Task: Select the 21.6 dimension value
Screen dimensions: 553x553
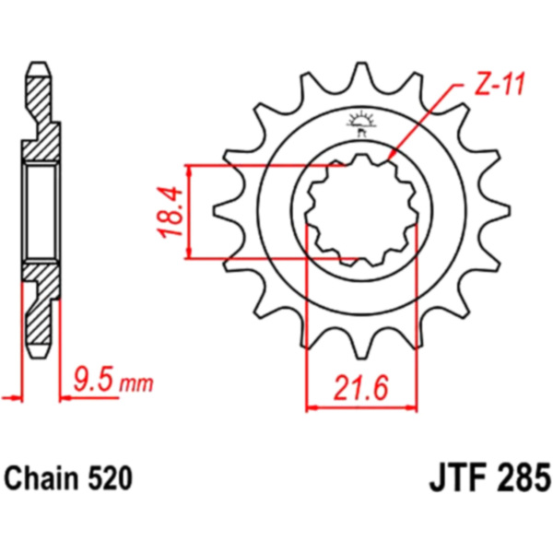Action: click(361, 387)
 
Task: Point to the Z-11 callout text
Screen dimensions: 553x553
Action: click(499, 84)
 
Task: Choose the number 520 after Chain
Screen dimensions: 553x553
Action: click(110, 478)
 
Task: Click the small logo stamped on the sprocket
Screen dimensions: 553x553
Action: click(360, 124)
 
